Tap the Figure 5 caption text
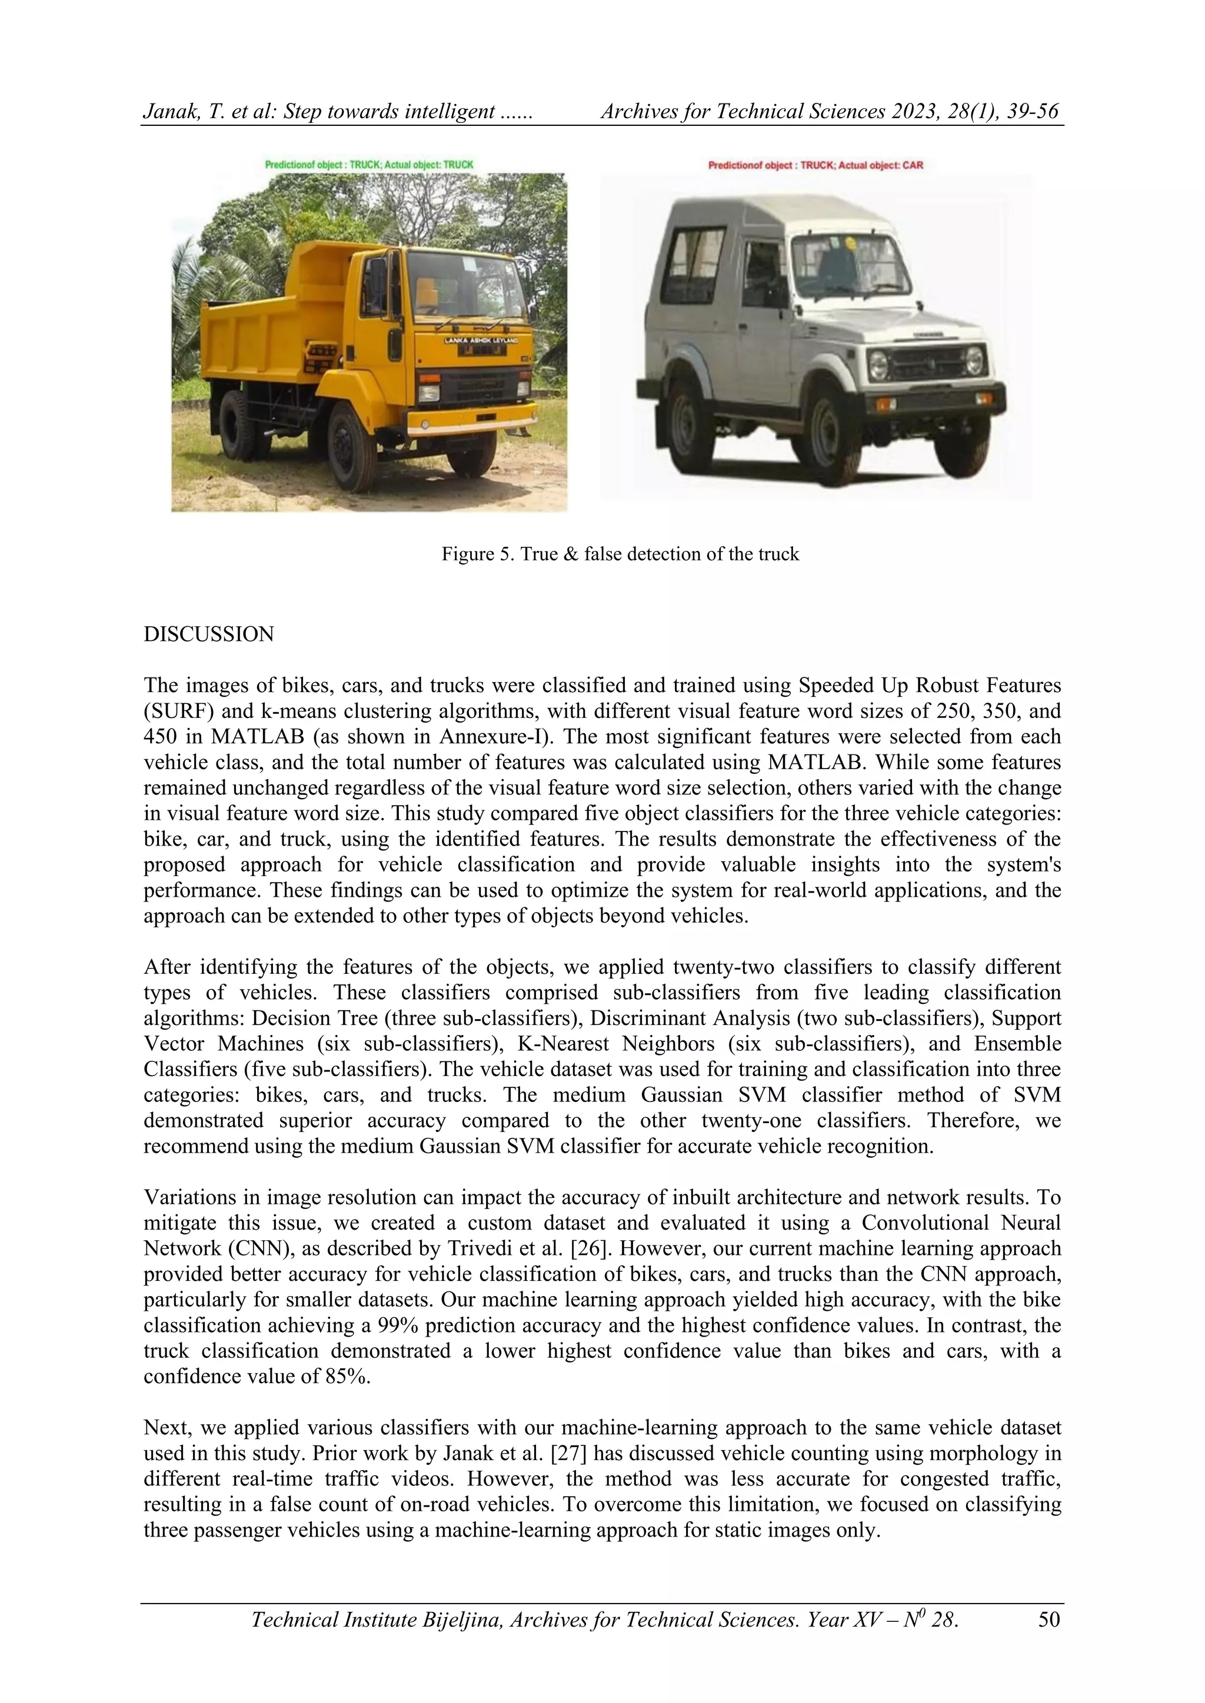620,554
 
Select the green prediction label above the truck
369,165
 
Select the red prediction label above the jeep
815,165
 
